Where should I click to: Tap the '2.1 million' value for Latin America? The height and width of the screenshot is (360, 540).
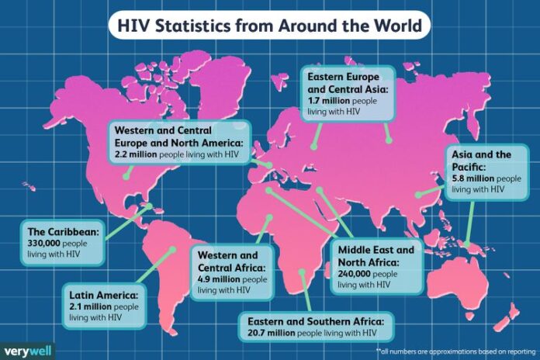(90, 306)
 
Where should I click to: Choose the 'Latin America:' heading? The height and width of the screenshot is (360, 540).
(101, 296)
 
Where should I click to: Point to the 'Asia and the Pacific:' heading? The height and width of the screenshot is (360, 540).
(481, 160)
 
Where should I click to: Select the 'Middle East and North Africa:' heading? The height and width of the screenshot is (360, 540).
(376, 255)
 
